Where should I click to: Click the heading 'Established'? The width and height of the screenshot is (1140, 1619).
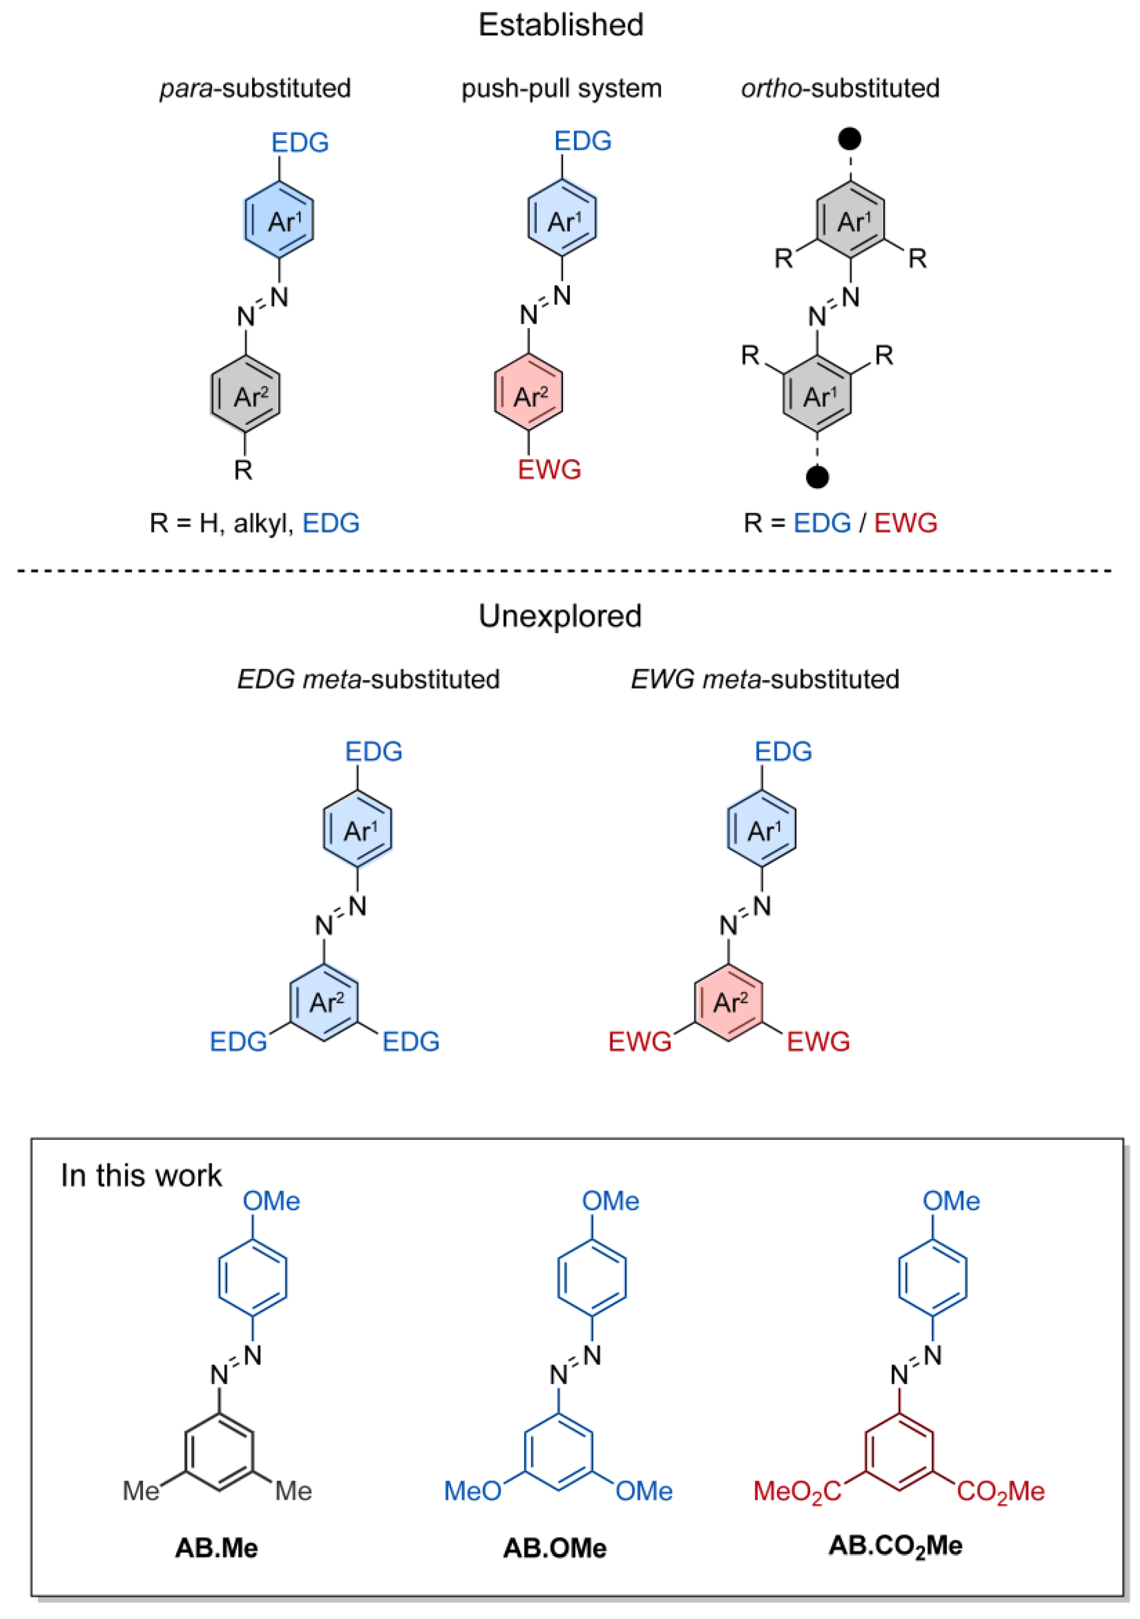(x=561, y=25)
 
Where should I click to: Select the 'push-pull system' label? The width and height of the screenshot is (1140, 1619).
(x=561, y=89)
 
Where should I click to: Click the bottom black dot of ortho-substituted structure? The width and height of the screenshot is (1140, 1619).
(x=817, y=477)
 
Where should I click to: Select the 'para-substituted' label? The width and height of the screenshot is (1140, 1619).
(x=255, y=89)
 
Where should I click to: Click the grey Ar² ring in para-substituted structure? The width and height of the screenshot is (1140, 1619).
(x=246, y=396)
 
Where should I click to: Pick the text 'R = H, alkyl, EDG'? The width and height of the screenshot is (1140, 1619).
(x=255, y=523)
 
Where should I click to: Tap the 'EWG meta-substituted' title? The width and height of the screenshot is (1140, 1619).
(x=765, y=680)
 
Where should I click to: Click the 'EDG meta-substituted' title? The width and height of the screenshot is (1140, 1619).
(x=368, y=680)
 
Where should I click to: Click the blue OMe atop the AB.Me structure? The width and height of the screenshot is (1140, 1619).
(x=272, y=1201)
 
